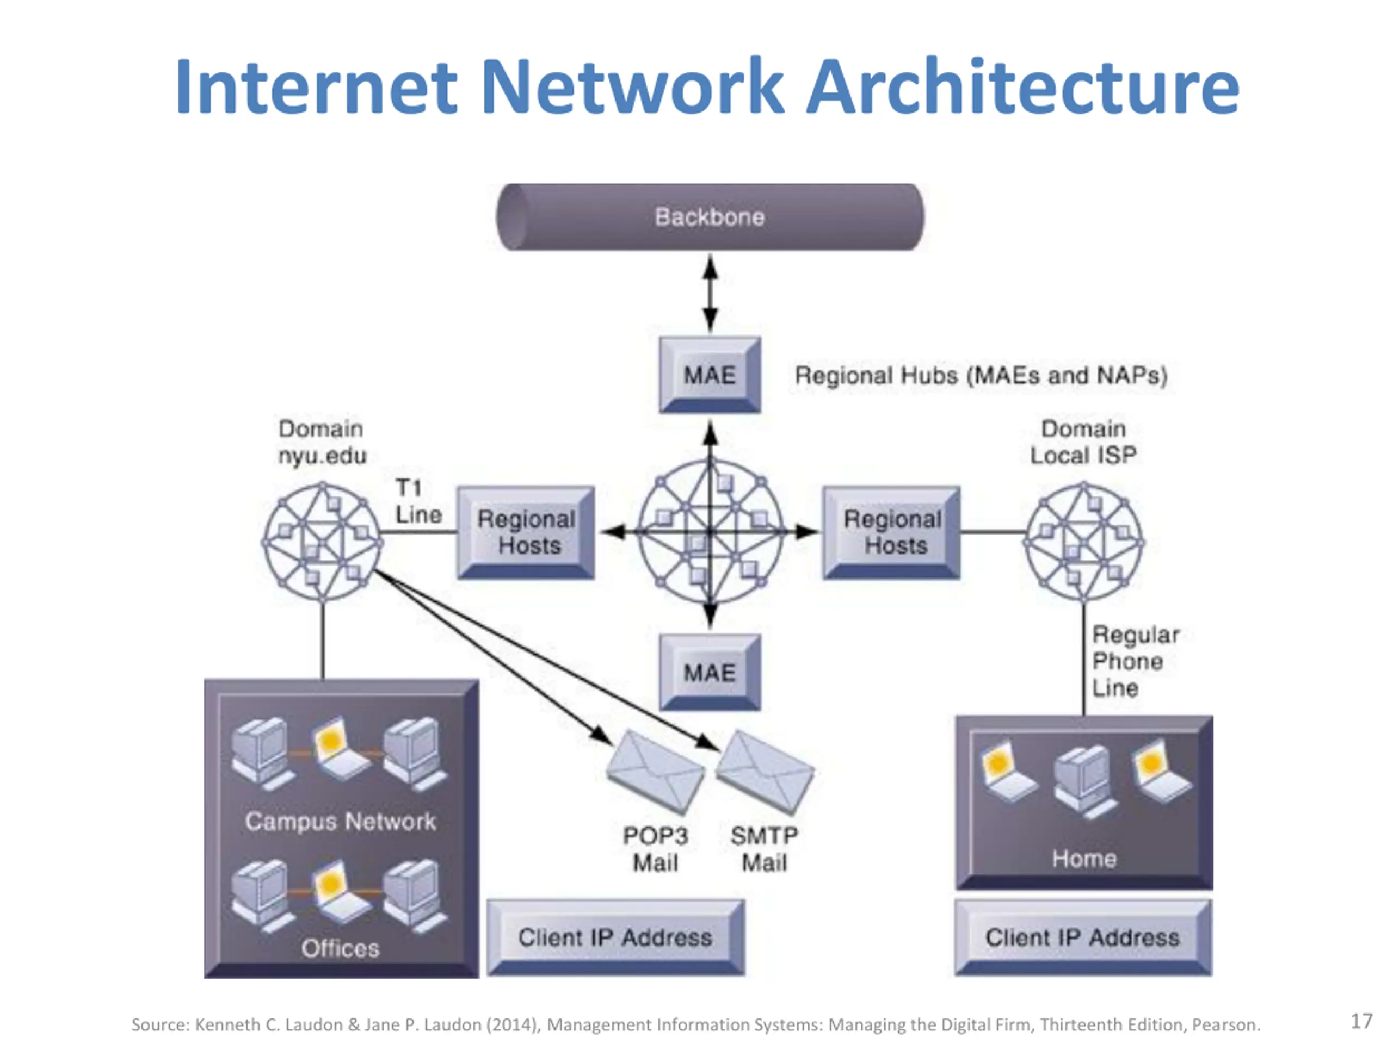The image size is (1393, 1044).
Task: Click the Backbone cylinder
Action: click(x=710, y=217)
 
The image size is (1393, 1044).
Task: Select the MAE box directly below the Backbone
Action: click(x=710, y=375)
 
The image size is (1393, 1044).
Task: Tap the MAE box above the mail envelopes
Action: click(x=710, y=672)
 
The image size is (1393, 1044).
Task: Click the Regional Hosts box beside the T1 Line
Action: click(x=526, y=532)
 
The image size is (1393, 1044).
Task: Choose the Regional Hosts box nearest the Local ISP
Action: click(x=892, y=532)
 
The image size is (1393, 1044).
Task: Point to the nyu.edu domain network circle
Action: click(x=323, y=541)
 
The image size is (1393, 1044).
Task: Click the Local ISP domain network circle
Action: click(x=1084, y=541)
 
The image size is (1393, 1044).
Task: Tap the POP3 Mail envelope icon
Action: click(x=655, y=772)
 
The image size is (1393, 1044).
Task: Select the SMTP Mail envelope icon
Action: click(x=765, y=772)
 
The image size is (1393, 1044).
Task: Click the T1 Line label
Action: click(x=417, y=501)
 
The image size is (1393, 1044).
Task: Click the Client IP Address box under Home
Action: click(x=1082, y=937)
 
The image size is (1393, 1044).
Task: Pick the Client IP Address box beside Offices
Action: click(x=615, y=937)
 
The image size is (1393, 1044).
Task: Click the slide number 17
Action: click(x=1361, y=1021)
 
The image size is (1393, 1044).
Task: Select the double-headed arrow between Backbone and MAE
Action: click(x=710, y=293)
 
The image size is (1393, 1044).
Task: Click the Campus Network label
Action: click(x=340, y=821)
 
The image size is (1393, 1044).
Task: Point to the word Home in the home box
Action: click(x=1084, y=859)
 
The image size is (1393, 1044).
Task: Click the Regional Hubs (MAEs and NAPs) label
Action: click(x=981, y=376)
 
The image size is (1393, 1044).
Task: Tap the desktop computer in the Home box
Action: click(x=1084, y=780)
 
